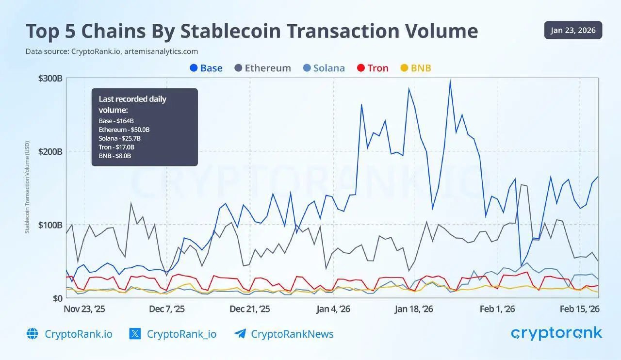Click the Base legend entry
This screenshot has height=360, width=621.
click(206, 68)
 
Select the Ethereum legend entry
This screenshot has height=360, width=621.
click(262, 68)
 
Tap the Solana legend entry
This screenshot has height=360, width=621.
click(324, 68)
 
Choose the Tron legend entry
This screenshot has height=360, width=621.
click(373, 68)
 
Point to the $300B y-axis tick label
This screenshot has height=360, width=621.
click(50, 79)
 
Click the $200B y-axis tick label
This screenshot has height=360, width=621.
click(50, 151)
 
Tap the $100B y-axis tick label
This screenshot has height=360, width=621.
click(50, 225)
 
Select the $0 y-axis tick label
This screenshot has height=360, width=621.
click(57, 298)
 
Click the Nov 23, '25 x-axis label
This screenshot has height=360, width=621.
click(84, 309)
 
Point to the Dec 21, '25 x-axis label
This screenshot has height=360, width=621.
click(250, 309)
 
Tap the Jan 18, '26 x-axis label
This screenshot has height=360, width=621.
click(413, 309)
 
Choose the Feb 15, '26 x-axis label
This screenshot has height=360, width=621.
click(579, 309)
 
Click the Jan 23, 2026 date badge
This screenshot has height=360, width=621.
click(573, 31)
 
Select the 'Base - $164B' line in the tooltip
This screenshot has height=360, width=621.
click(116, 120)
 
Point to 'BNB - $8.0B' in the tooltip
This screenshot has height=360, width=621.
click(115, 156)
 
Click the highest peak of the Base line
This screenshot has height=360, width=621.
click(450, 81)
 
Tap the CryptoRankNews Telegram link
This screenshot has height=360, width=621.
click(292, 334)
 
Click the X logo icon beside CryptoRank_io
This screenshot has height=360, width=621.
click(135, 334)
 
